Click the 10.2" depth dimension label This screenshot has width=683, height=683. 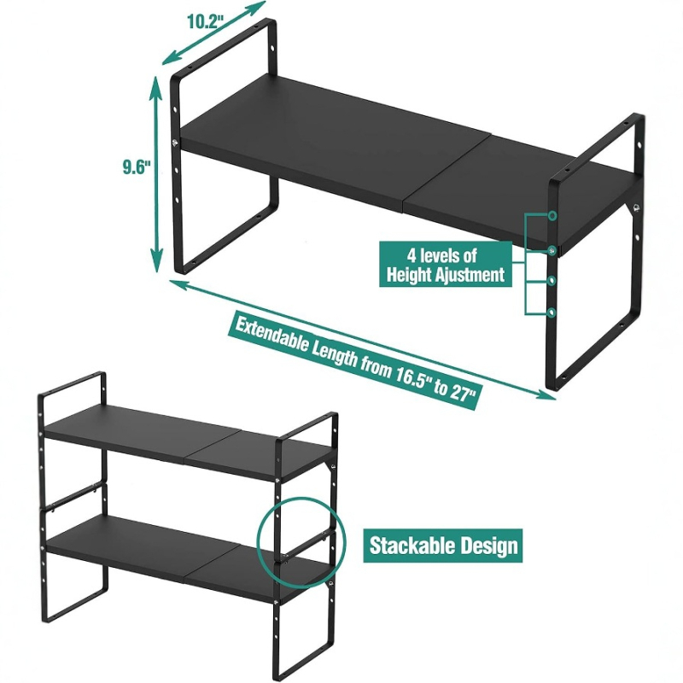coord(205,20)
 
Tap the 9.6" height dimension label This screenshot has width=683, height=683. coord(136,166)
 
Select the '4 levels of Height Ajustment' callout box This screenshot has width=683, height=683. coord(446,264)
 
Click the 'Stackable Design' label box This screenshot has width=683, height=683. coord(443,546)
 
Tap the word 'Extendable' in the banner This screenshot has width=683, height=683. coord(271,335)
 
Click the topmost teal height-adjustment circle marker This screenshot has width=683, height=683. coord(552,216)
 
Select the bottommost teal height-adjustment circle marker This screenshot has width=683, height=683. coord(552,312)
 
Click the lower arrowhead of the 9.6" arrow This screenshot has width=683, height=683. coord(157,265)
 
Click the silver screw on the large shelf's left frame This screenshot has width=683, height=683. coord(175,143)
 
